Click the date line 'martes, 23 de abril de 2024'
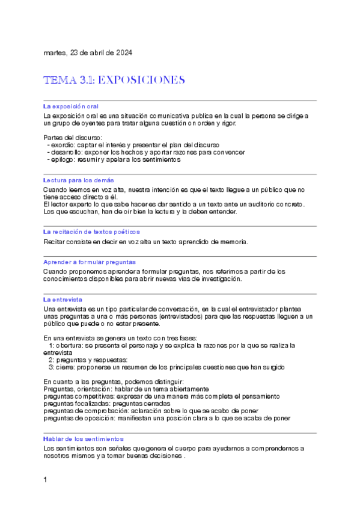coord(88,53)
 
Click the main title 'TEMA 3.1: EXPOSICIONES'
coord(114,80)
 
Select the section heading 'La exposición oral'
coord(71,106)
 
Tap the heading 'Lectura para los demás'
coord(79,180)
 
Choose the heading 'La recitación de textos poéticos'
coord(91,232)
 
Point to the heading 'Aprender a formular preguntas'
coord(90,262)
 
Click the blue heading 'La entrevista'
coord(63,299)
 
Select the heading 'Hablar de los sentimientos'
coord(84,439)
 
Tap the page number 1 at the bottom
coord(46,479)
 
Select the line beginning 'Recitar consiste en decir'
coord(145,242)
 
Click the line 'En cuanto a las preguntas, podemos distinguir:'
coord(114,382)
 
